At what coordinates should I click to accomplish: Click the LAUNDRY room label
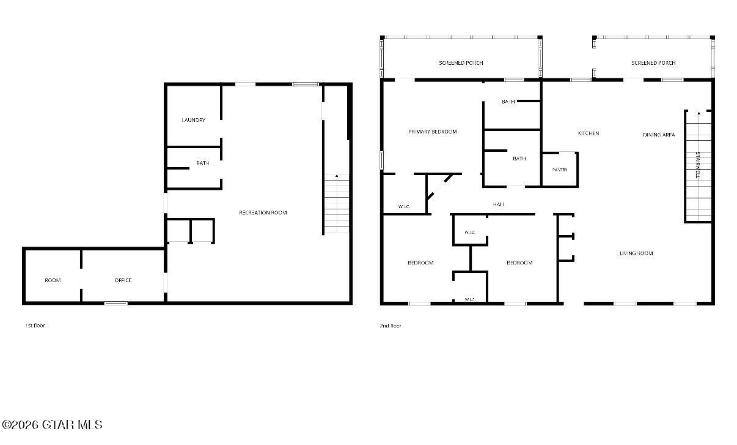(x=194, y=120)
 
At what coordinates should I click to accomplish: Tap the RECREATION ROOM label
(x=263, y=212)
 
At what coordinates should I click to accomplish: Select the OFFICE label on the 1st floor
(x=123, y=280)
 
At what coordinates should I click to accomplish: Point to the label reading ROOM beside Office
(x=53, y=280)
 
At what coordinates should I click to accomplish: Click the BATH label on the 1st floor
(x=203, y=163)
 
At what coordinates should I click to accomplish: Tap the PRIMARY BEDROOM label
(x=432, y=132)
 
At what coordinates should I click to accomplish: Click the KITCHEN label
(x=588, y=133)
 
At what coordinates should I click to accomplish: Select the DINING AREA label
(x=659, y=135)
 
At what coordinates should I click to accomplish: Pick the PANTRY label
(x=560, y=170)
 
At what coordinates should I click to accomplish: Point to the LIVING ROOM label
(x=636, y=253)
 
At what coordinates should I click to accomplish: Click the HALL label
(x=499, y=204)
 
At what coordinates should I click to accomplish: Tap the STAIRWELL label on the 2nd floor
(x=697, y=165)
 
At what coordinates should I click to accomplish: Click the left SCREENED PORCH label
(x=461, y=62)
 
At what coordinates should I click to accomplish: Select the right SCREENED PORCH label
(x=653, y=62)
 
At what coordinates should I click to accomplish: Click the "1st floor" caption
(x=35, y=326)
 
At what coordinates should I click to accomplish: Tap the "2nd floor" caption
(x=391, y=326)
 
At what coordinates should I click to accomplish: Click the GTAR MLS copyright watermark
(x=52, y=425)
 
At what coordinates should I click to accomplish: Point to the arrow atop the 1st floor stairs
(x=337, y=176)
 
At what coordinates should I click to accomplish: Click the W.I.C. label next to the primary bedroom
(x=404, y=207)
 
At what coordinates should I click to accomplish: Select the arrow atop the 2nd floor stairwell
(x=699, y=113)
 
